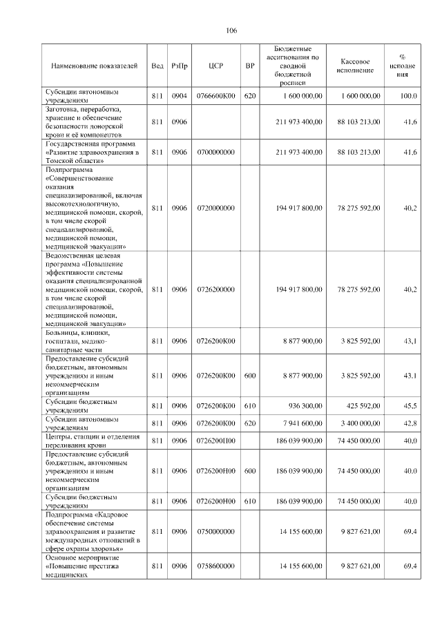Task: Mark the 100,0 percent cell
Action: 409,96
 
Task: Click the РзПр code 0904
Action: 180,96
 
